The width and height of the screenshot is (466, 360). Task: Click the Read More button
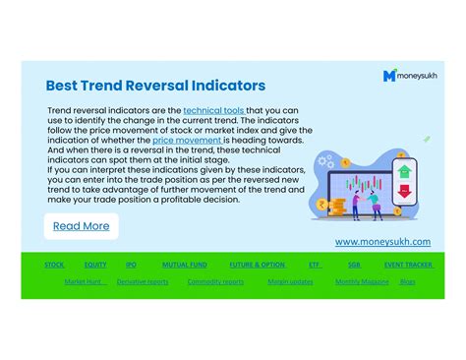click(x=81, y=226)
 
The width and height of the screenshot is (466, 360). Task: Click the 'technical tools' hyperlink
click(x=214, y=111)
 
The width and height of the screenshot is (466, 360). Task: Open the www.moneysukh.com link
click(x=382, y=241)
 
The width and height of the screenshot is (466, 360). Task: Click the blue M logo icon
click(x=389, y=75)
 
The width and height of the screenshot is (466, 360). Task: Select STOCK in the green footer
click(x=54, y=265)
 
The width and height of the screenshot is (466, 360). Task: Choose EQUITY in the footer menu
click(x=95, y=265)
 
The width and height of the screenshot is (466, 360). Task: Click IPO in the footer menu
click(x=131, y=265)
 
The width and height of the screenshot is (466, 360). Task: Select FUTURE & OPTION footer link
click(x=257, y=265)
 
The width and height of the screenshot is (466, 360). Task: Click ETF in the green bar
click(x=315, y=265)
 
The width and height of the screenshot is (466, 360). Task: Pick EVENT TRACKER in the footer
click(x=408, y=265)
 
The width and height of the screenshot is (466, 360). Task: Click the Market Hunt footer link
click(x=83, y=281)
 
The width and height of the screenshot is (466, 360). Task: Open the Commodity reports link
click(x=215, y=281)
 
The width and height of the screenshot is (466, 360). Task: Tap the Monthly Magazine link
click(x=362, y=281)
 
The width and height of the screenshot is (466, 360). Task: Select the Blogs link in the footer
click(x=408, y=281)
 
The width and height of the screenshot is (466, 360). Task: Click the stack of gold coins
click(x=337, y=207)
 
